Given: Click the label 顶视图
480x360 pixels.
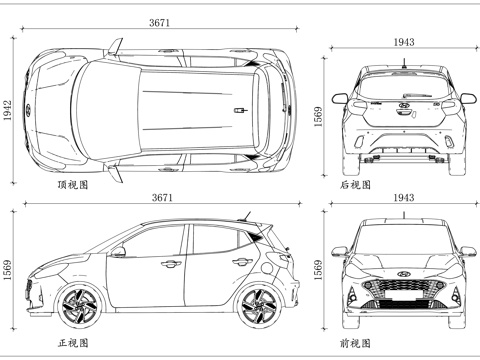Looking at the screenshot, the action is click(x=73, y=185).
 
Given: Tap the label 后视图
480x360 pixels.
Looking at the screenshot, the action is click(x=355, y=185).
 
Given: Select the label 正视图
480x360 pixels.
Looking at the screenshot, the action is click(x=73, y=343).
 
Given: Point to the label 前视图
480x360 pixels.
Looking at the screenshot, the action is click(x=355, y=343).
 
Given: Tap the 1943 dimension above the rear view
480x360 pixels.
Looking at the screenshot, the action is click(x=404, y=41).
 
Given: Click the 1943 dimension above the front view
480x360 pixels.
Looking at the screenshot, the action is click(x=404, y=199).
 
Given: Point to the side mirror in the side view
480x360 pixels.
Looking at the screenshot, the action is click(x=119, y=252).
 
